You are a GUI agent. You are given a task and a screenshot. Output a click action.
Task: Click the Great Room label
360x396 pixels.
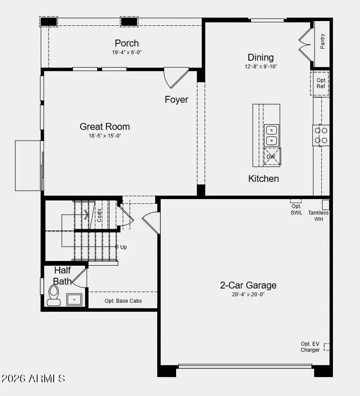(104, 126)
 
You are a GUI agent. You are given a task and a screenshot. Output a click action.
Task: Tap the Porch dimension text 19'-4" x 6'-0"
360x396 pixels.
(126, 52)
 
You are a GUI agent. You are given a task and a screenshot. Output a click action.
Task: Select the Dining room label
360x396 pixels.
(260, 57)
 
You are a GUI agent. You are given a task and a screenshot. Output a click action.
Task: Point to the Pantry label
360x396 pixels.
(323, 41)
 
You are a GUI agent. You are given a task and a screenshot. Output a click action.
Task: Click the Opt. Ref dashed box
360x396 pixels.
(320, 83)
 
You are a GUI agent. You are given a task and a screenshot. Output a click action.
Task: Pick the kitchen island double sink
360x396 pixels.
(272, 135)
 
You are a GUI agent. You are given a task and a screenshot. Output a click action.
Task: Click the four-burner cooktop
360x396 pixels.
(321, 135)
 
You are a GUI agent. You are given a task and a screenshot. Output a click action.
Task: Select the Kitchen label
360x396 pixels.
(263, 178)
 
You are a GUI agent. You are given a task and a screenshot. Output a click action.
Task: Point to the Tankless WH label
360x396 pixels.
(318, 216)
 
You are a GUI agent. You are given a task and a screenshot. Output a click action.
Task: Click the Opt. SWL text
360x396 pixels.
(296, 210)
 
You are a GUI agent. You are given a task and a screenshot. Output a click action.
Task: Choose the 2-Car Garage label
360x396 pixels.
(248, 285)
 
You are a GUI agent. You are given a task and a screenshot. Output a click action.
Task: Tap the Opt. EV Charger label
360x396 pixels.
(310, 347)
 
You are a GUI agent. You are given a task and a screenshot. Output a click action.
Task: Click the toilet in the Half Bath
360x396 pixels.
(54, 295)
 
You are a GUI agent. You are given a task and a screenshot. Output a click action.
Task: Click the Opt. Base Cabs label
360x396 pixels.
(123, 301)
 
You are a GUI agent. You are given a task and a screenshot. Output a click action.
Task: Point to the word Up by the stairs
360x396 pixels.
(123, 247)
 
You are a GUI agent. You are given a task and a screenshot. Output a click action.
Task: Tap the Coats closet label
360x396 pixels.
(99, 215)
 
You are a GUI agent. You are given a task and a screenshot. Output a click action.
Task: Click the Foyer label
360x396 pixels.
(177, 99)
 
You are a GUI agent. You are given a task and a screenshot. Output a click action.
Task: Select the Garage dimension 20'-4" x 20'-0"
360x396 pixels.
(248, 295)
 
